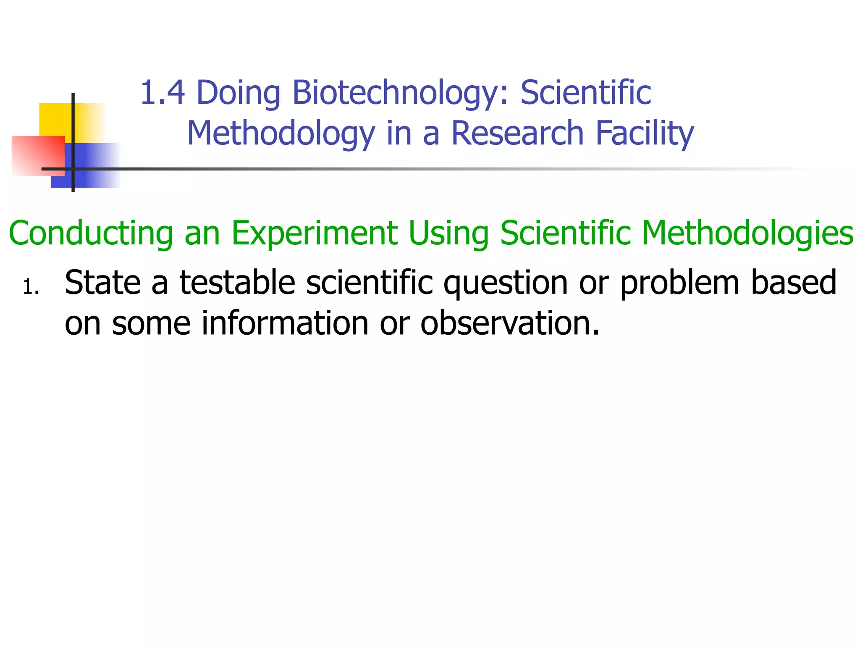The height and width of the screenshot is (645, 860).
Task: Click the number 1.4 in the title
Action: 162,93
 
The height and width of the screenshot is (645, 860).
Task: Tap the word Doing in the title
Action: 238,93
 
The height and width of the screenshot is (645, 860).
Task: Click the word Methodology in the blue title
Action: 281,133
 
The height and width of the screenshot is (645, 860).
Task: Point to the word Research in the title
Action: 517,133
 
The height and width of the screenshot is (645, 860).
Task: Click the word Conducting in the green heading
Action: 91,233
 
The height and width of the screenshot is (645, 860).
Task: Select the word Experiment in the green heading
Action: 314,233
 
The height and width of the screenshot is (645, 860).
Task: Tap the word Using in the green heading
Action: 448,233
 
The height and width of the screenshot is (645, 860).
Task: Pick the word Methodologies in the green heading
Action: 747,233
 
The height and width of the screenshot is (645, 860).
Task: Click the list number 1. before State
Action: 31,288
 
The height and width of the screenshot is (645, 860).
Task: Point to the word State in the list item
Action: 102,283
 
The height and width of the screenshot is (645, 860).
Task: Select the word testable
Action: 237,283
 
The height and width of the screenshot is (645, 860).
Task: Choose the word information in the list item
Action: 285,323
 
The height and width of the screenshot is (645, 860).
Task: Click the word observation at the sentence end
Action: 509,323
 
